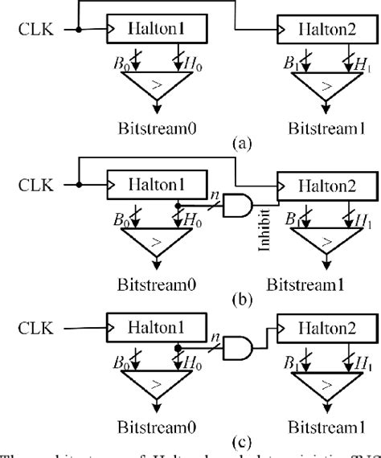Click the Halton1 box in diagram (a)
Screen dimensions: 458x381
tap(157, 31)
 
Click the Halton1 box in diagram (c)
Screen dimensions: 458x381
tap(157, 328)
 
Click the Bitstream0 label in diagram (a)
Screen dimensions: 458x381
tap(157, 127)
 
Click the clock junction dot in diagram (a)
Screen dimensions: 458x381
tap(79, 31)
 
